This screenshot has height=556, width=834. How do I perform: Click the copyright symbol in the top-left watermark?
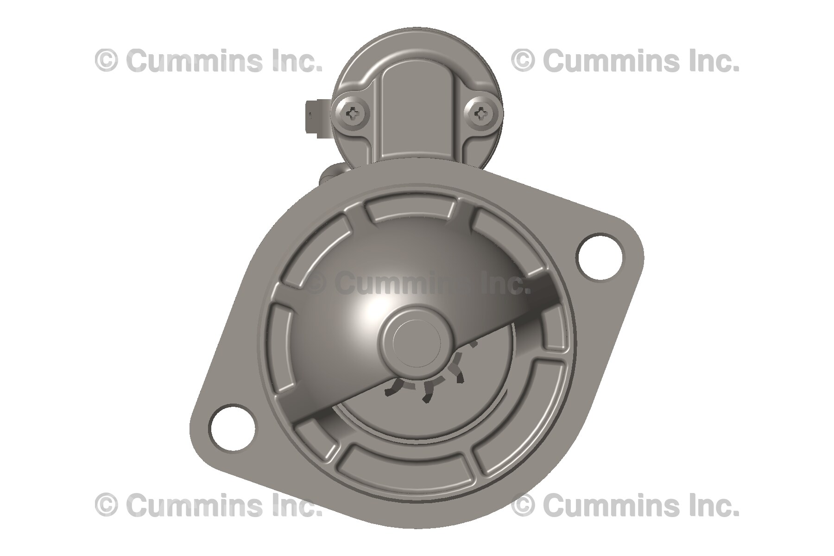(x=106, y=61)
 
